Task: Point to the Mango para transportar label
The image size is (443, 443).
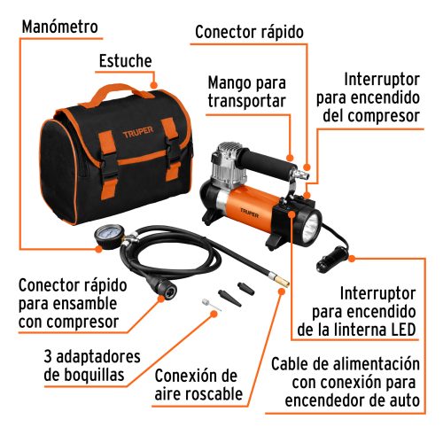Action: pyautogui.click(x=246, y=91)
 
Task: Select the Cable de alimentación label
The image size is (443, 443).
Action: pyautogui.click(x=355, y=383)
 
